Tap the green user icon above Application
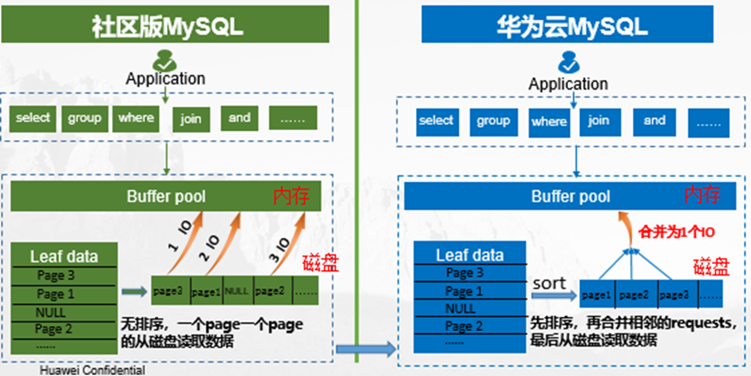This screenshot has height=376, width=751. coord(165,60)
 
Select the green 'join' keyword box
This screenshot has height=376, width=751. coord(191,119)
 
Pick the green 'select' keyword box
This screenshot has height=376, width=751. coord(33,118)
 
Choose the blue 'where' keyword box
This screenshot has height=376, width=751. coord(549,122)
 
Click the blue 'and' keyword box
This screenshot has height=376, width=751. coord(655,121)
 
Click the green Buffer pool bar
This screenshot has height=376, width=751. coord(165,196)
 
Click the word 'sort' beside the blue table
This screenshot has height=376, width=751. coord(549,284)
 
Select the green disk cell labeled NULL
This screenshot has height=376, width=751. coord(237,290)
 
